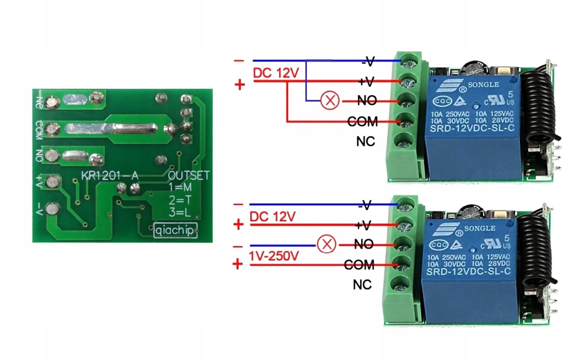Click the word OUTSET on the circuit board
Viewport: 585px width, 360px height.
(189, 175)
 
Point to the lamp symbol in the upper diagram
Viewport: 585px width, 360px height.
(330, 101)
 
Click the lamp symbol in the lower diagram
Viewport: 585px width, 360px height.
(326, 245)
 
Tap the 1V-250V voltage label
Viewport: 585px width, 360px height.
(274, 256)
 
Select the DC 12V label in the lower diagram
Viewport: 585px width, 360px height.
(272, 216)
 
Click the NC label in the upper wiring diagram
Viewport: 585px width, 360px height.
(365, 142)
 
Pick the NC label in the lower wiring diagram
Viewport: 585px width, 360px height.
(362, 285)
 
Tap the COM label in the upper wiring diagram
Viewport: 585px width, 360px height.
(363, 121)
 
